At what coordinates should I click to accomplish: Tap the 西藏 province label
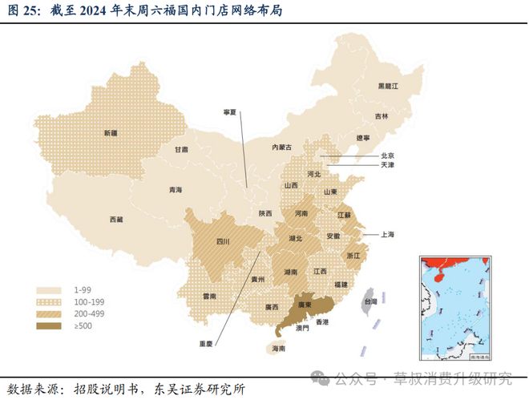point(117,219)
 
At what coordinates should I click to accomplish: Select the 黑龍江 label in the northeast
point(389,85)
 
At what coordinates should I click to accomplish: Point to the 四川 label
point(224,241)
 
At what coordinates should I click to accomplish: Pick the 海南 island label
point(277,349)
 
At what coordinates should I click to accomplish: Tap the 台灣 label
point(370,302)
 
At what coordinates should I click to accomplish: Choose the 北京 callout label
point(386,155)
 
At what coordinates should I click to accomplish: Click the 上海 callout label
point(386,234)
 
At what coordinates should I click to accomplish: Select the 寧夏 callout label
point(230,112)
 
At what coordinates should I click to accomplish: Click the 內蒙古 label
point(282,147)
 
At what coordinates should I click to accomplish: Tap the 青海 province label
point(176,190)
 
